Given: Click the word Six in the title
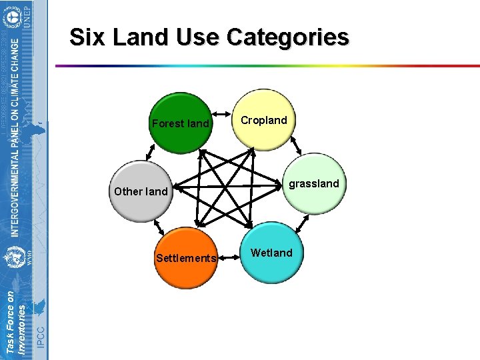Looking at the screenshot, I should pos(88,37).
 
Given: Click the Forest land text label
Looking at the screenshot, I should pos(180,124).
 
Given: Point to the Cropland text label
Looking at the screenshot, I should pos(264,121).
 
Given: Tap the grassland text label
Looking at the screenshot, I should pos(314,183).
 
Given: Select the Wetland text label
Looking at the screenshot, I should pos(271,253).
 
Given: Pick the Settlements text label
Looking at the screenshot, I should pos(185,258).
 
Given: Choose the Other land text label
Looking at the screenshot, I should pos(141,191).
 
